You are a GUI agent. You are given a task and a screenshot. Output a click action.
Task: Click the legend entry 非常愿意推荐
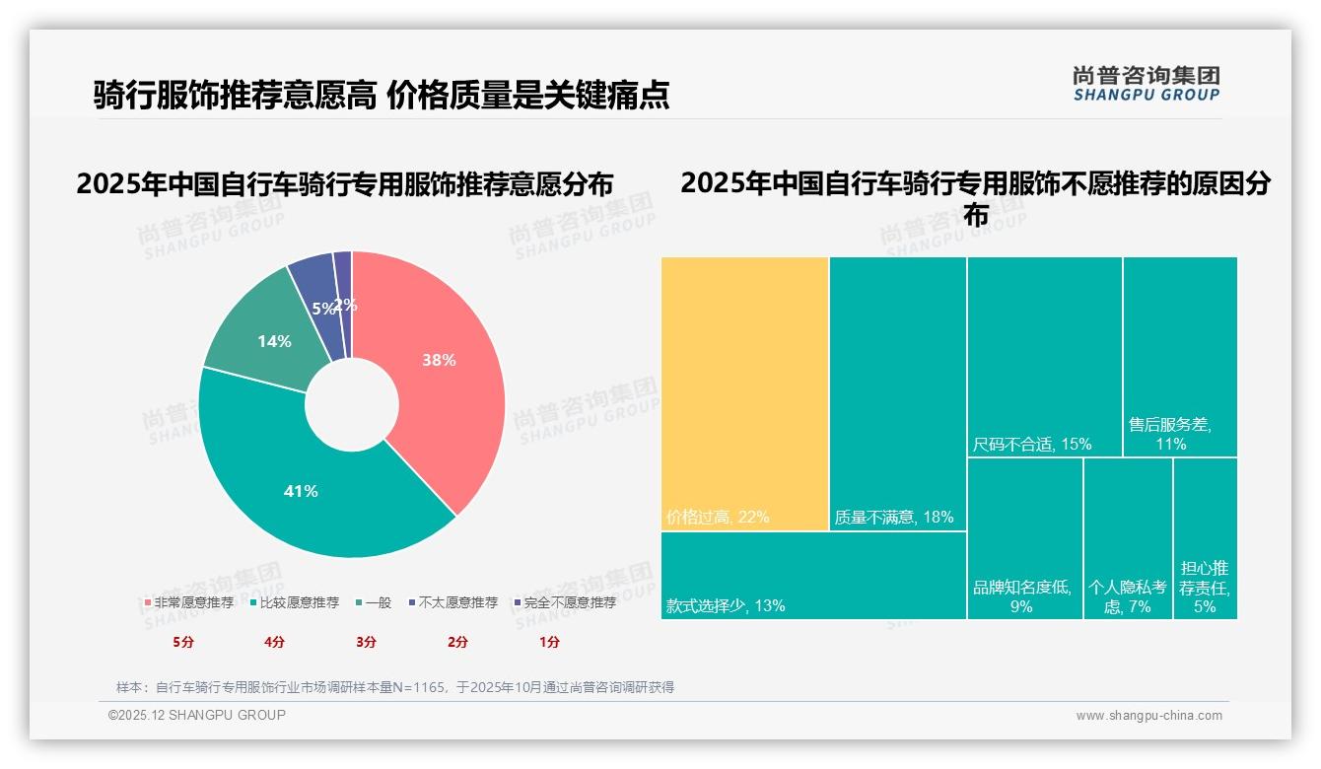pyautogui.click(x=188, y=602)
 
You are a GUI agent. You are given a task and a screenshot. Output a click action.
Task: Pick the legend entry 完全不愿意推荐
pyautogui.click(x=564, y=602)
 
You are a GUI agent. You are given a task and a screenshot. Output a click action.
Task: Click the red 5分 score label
pyautogui.click(x=183, y=642)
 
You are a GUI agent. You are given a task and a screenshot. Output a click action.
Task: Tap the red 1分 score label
pyautogui.click(x=549, y=642)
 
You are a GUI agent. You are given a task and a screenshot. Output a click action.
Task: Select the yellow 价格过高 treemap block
pyautogui.click(x=744, y=394)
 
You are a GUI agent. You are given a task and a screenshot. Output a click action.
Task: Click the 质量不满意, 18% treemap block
pyautogui.click(x=897, y=394)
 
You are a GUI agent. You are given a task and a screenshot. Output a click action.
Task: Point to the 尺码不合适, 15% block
pyautogui.click(x=1044, y=357)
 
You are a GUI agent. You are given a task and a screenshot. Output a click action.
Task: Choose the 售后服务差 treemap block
pyautogui.click(x=1180, y=357)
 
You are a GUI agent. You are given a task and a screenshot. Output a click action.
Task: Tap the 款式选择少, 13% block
pyautogui.click(x=813, y=576)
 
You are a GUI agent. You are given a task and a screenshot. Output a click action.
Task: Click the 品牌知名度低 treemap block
pyautogui.click(x=1024, y=539)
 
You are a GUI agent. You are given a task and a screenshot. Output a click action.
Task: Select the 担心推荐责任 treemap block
pyautogui.click(x=1205, y=539)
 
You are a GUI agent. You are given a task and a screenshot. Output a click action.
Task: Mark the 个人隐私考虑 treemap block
pyautogui.click(x=1128, y=539)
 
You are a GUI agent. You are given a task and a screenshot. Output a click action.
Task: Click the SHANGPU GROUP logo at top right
pyautogui.click(x=1147, y=84)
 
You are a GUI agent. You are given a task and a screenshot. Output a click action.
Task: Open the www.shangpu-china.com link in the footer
pyautogui.click(x=1148, y=716)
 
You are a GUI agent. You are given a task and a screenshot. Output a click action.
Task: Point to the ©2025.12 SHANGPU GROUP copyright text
pyautogui.click(x=197, y=715)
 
